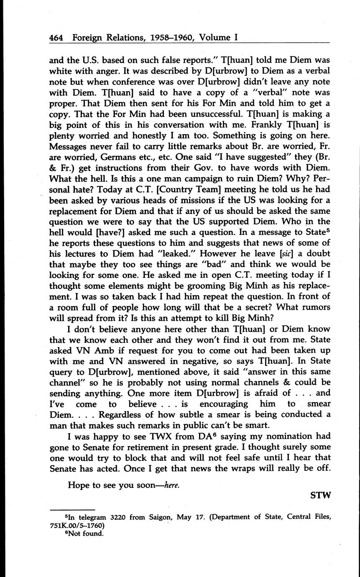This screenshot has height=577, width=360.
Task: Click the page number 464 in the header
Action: [56, 37]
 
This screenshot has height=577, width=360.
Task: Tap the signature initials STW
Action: [320, 495]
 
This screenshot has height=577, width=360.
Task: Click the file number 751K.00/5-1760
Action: [77, 525]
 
